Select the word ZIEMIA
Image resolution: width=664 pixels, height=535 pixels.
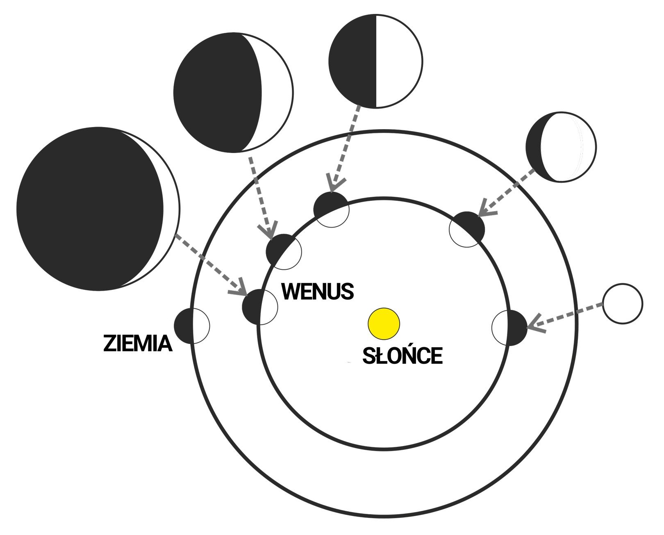[137, 343]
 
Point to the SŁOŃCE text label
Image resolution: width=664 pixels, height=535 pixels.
[402, 355]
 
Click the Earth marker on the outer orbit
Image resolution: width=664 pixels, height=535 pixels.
[192, 326]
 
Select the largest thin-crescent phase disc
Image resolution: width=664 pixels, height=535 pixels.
[98, 209]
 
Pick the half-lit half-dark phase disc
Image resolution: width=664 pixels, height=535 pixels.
[376, 61]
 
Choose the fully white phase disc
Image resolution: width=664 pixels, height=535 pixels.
[623, 304]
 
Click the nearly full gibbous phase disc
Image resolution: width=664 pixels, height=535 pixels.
[561, 147]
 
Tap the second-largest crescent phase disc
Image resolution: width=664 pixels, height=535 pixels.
[233, 92]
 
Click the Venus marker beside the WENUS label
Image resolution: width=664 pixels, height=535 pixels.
[260, 307]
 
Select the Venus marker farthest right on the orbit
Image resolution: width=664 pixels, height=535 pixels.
[509, 328]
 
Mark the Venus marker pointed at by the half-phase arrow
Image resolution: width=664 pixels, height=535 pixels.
[331, 209]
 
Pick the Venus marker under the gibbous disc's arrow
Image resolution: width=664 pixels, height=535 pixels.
[467, 230]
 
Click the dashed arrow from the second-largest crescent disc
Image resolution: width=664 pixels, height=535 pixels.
[261, 198]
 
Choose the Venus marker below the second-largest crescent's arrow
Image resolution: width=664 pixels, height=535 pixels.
[284, 252]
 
